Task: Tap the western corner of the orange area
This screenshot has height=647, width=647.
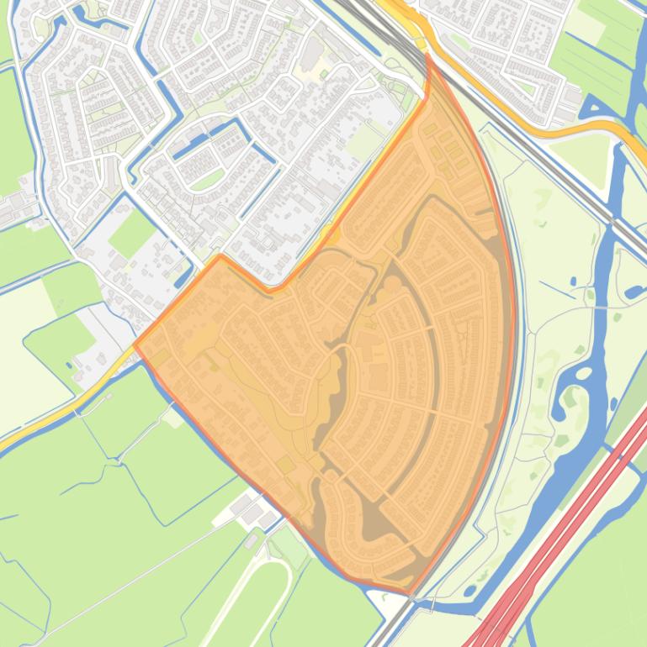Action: tap(135, 345)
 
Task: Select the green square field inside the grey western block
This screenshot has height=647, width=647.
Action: tap(131, 233)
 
